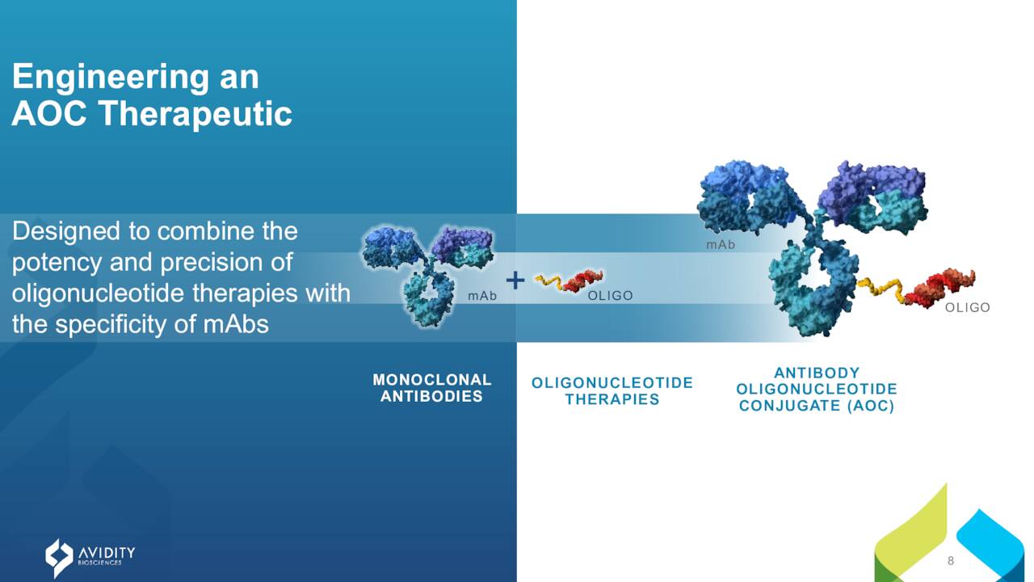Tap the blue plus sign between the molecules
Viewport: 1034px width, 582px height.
coord(515,280)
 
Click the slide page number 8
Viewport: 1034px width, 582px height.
coord(951,561)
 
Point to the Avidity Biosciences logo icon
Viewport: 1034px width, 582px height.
coord(59,558)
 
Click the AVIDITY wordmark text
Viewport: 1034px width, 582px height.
coord(107,552)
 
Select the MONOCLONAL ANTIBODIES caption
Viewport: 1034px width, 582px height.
coord(432,388)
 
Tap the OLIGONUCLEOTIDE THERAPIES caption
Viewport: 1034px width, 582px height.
coord(612,390)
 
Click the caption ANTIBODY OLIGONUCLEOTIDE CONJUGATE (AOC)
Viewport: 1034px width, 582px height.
coord(817,390)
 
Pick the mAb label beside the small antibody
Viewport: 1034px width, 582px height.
coord(482,296)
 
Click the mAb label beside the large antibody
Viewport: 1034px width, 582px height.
coord(721,245)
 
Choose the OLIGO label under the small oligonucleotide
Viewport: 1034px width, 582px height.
coord(610,296)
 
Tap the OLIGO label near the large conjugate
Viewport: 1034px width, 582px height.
coord(968,308)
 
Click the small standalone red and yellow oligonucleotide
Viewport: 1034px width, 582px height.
coord(569,280)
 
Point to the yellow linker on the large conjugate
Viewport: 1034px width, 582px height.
coord(881,289)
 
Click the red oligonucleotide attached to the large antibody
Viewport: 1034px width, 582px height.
coord(941,288)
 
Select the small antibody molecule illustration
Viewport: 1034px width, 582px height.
coord(427,276)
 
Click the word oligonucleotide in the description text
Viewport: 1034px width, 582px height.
coord(99,293)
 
